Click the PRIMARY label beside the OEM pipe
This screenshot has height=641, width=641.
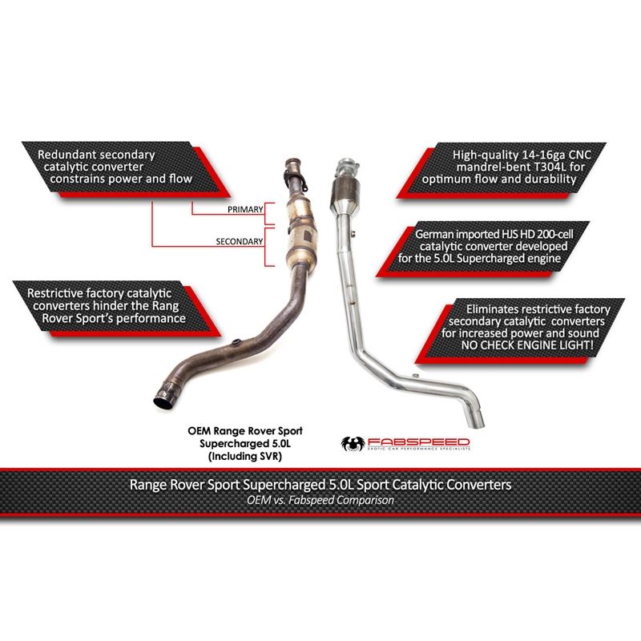click(x=245, y=209)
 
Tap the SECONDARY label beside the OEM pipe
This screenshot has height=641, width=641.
click(x=239, y=241)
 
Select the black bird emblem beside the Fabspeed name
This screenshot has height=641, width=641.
click(x=353, y=443)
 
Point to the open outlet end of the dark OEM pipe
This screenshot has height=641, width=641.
click(x=164, y=398)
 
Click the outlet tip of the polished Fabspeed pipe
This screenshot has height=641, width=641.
click(x=476, y=421)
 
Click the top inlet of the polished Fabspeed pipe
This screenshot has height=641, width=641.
click(x=348, y=167)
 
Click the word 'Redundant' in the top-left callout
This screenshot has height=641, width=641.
click(x=62, y=155)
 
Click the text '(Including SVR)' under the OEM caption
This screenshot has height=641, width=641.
click(x=245, y=456)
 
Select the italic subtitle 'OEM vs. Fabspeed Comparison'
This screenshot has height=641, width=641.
click(x=320, y=500)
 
